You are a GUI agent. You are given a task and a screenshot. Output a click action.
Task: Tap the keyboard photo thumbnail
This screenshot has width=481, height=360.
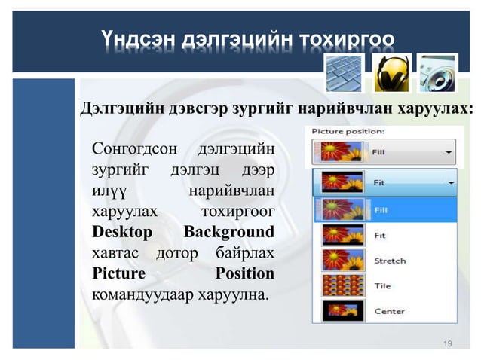coord(344,73)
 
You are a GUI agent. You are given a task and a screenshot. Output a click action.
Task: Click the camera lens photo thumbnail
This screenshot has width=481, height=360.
coord(437,73)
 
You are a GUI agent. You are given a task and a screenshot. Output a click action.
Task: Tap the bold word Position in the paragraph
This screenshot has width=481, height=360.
coord(244,272)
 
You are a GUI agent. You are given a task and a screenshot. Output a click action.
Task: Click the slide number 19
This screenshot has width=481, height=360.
coord(448,344)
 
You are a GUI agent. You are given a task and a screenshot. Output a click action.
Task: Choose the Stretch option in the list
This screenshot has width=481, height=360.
coord(390,261)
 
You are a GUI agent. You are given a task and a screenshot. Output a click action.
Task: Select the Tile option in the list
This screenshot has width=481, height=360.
coord(382,286)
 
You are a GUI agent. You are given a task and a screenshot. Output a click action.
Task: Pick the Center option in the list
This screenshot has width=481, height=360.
coord(389,311)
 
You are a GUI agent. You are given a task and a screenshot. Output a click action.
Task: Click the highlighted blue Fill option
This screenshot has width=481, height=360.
coord(383,210)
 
